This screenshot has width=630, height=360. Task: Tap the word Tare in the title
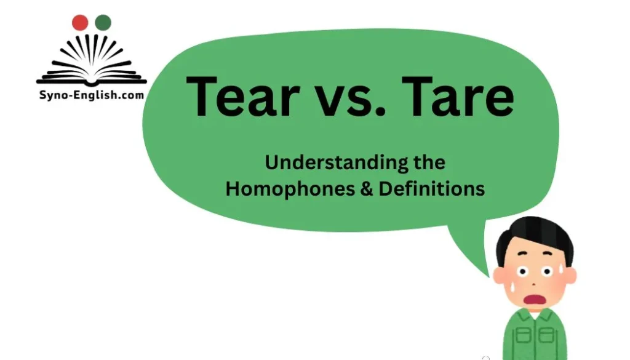click(465, 97)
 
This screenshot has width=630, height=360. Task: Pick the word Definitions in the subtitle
click(432, 188)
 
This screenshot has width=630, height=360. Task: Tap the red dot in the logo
click(80, 23)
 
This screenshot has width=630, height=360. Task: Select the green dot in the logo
click(103, 23)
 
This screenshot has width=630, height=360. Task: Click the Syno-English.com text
click(91, 95)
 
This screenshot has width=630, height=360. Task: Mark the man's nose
click(533, 282)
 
